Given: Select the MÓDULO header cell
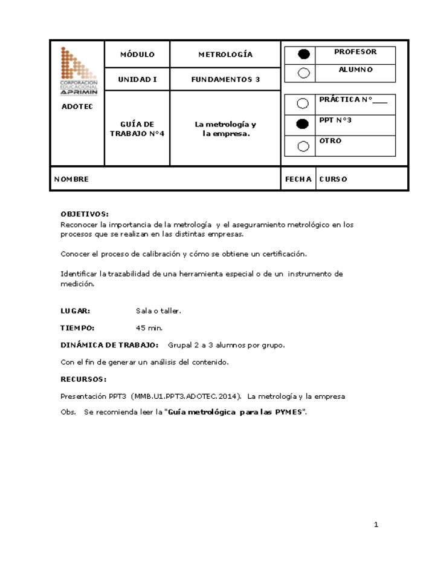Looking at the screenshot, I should (137, 54).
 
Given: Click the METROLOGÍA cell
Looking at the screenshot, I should (225, 54).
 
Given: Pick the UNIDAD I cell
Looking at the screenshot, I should (137, 79).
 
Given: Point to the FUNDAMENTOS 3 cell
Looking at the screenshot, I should (225, 79).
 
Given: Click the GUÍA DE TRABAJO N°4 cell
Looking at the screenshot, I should (137, 128).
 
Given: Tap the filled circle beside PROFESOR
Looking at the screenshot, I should (304, 54).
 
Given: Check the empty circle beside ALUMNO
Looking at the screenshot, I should (304, 73).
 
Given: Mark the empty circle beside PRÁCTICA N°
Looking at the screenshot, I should (304, 103).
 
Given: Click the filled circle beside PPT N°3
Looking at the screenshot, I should (304, 124).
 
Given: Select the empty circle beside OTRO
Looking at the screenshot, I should (304, 146).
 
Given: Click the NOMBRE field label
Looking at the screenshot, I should (71, 179).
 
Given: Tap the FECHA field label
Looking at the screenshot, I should (298, 179).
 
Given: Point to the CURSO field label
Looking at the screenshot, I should (333, 179).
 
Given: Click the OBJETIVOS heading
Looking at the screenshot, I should (85, 214).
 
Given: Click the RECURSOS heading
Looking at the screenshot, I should (83, 379).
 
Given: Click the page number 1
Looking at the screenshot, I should (376, 525).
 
